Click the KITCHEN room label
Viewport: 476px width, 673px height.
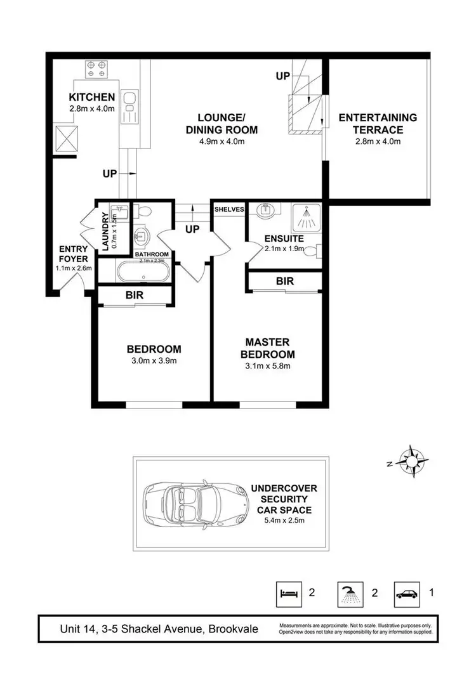pyautogui.click(x=92, y=97)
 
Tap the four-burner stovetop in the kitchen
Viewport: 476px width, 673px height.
pyautogui.click(x=96, y=68)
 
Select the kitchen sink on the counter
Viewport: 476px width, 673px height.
pyautogui.click(x=129, y=98)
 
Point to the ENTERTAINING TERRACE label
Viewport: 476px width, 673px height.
pyautogui.click(x=378, y=124)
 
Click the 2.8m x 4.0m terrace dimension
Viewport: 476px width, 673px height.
pyautogui.click(x=378, y=141)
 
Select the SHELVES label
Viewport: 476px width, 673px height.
pyautogui.click(x=229, y=209)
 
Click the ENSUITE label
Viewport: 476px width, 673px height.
pyautogui.click(x=284, y=239)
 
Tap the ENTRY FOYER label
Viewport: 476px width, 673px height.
pyautogui.click(x=74, y=254)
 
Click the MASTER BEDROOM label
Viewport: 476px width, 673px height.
pyautogui.click(x=271, y=349)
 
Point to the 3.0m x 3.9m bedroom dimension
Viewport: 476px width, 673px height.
pyautogui.click(x=154, y=361)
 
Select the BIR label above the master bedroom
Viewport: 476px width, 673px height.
pyautogui.click(x=284, y=281)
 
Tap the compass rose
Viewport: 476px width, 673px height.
pyautogui.click(x=413, y=461)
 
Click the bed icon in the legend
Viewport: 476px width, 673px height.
pyautogui.click(x=289, y=594)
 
